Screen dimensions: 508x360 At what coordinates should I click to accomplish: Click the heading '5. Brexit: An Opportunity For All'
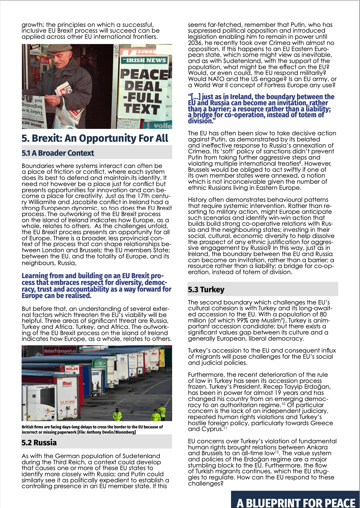(x=95, y=138)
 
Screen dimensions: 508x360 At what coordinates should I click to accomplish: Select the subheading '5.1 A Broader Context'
(x=58, y=153)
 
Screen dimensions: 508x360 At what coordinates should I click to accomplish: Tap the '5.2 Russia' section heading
(x=39, y=443)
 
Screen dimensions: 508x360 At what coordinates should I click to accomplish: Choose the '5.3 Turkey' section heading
(x=206, y=290)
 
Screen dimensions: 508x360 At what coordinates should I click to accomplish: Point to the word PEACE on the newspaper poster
(x=144, y=74)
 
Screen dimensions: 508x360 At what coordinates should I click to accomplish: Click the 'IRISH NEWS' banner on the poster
(x=144, y=60)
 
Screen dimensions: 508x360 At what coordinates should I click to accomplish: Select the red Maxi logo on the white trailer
(x=67, y=383)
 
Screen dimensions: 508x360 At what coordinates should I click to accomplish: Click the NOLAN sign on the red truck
(x=72, y=369)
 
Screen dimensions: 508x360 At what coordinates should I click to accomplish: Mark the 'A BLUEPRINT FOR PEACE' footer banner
(x=296, y=502)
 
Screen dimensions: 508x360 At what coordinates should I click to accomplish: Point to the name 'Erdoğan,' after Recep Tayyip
(x=317, y=387)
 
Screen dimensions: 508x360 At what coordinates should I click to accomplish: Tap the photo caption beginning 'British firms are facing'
(x=92, y=429)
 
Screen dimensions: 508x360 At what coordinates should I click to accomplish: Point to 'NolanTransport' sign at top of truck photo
(x=60, y=351)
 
